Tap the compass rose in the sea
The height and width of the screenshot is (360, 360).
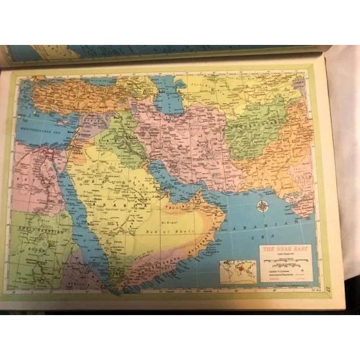[x=263, y=206]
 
